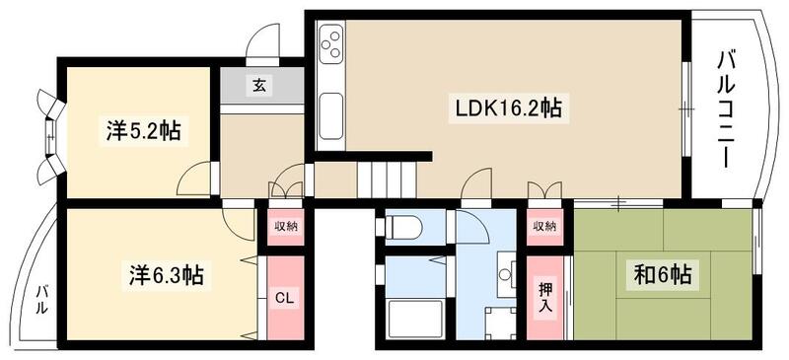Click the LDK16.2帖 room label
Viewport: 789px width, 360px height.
(508, 108)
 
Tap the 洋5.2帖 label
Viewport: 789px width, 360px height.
(143, 130)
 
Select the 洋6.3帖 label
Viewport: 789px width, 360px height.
(165, 273)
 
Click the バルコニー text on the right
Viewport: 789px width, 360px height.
(729, 108)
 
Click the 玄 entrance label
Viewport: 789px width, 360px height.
(259, 86)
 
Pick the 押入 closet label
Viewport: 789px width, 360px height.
(545, 295)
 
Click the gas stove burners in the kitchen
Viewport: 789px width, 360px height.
(331, 45)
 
